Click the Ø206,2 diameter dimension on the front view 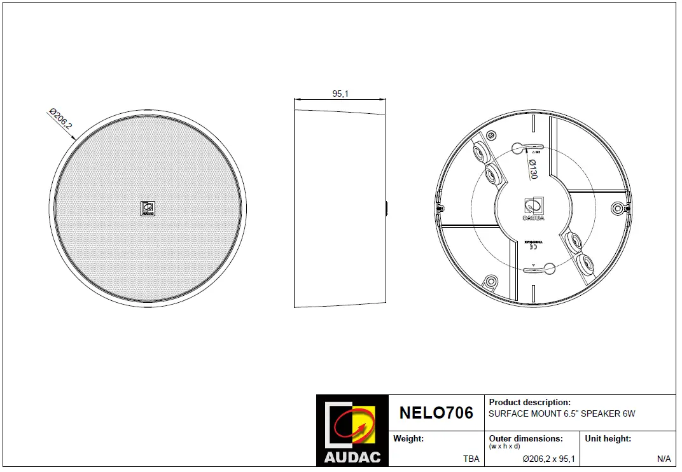(x=60, y=120)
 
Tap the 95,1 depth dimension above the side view (x=340, y=94)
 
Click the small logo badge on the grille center (x=148, y=209)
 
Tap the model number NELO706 (x=436, y=413)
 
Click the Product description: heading (x=529, y=403)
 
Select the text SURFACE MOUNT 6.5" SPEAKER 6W (x=561, y=414)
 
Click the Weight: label (x=408, y=439)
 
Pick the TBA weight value (x=471, y=459)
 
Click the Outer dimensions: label (x=525, y=439)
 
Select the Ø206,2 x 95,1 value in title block (x=548, y=459)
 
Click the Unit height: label (x=608, y=439)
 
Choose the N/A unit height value (x=664, y=459)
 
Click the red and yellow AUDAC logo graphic (x=351, y=424)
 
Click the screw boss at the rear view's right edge (x=616, y=208)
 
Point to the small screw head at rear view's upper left (x=491, y=135)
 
